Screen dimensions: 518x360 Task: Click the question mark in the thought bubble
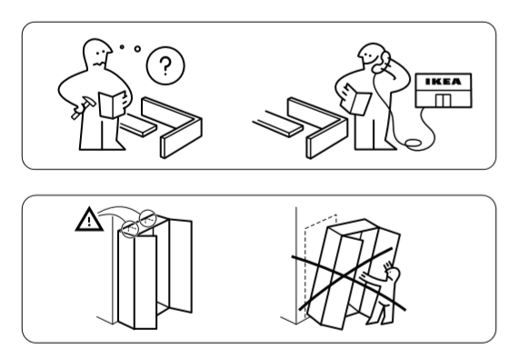pos(165,65)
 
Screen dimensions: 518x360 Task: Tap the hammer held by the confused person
pos(84,106)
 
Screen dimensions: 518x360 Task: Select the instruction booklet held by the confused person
pos(113,104)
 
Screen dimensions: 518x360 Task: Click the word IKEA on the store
pos(443,81)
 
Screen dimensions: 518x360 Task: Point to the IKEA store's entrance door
pos(443,101)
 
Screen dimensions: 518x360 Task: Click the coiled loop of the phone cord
pos(413,143)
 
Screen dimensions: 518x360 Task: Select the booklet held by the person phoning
pos(356,99)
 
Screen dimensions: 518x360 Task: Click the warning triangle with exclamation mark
pos(89,220)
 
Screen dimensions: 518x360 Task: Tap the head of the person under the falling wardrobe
pos(393,274)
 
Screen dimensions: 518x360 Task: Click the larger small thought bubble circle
pos(137,49)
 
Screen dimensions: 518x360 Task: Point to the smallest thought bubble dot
pos(122,47)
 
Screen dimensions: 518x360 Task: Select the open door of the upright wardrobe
pos(180,265)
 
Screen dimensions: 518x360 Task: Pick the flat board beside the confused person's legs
pos(138,125)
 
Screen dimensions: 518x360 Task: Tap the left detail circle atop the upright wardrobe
pos(129,229)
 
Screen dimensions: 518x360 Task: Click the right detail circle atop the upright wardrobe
pos(147,218)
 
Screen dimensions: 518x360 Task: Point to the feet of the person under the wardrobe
pos(380,320)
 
